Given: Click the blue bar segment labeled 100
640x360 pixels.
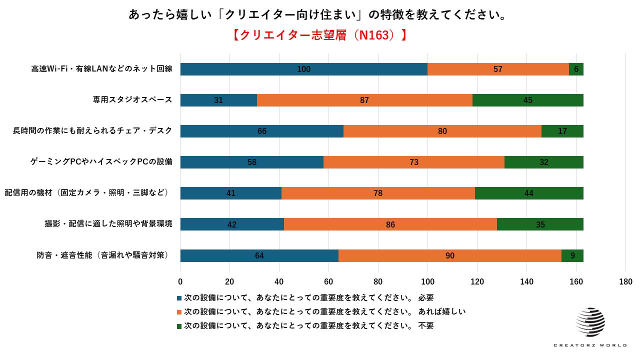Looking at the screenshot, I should click(303, 69).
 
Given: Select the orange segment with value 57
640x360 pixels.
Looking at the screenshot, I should click(498, 69).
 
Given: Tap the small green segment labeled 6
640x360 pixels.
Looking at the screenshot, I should click(576, 69).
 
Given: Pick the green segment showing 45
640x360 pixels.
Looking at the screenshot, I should click(527, 100).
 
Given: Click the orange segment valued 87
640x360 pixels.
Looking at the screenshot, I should click(364, 100).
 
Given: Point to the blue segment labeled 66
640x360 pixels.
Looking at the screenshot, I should click(261, 131).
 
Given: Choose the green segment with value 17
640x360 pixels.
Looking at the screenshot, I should click(562, 131).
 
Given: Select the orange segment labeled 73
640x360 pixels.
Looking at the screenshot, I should click(413, 162).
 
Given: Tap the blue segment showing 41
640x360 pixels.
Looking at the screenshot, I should click(230, 193).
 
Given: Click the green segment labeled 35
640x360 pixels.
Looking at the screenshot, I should click(540, 224).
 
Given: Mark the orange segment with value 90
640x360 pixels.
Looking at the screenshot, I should click(449, 255).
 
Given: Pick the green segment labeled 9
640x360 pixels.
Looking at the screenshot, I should click(572, 255).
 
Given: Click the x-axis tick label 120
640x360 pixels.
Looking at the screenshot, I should click(477, 281).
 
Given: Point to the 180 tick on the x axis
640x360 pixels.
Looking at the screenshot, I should click(625, 281).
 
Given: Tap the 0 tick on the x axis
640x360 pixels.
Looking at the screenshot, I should click(180, 281).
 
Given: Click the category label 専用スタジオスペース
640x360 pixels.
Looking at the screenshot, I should click(132, 100).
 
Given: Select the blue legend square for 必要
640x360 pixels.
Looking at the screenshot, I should click(179, 298).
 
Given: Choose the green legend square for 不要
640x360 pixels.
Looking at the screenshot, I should click(179, 326).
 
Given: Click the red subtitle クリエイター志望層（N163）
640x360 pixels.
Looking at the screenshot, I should click(319, 35).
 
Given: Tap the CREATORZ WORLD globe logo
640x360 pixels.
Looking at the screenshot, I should click(590, 322).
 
